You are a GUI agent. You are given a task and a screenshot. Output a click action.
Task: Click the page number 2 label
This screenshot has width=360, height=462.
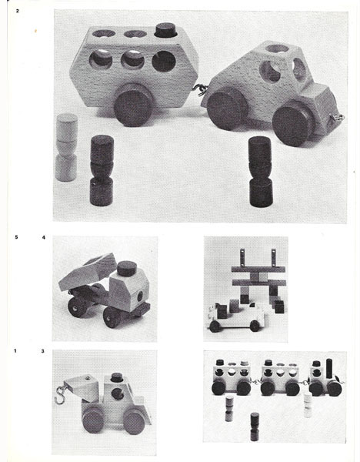(18, 12)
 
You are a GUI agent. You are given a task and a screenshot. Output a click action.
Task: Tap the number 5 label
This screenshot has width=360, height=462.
(16, 237)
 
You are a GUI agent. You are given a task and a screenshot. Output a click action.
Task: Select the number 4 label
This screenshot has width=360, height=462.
(44, 237)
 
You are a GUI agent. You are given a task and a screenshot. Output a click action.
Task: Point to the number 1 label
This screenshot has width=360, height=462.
(15, 350)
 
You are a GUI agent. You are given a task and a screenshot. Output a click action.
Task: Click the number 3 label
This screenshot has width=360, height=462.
(43, 351)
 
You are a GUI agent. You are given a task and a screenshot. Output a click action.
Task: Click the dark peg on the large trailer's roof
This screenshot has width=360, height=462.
(165, 30)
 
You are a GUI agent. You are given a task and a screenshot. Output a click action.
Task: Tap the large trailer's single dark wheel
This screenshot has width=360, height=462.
(133, 105)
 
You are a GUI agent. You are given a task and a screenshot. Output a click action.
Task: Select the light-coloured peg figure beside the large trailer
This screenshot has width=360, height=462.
(66, 147)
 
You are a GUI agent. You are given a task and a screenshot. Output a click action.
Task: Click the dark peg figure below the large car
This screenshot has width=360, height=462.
(260, 172)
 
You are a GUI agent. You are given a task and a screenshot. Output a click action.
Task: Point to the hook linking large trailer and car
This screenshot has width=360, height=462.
(200, 90)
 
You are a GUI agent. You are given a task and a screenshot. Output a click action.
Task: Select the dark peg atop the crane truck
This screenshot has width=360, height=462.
(117, 377)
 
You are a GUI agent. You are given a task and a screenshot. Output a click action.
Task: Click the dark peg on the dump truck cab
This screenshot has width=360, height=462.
(127, 269)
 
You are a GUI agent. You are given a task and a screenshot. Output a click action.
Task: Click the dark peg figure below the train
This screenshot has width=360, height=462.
(255, 427)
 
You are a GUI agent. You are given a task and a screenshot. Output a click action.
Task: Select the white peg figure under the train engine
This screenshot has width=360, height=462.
(308, 405)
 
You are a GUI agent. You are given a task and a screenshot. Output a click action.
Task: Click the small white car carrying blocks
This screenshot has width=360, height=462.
(236, 318)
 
